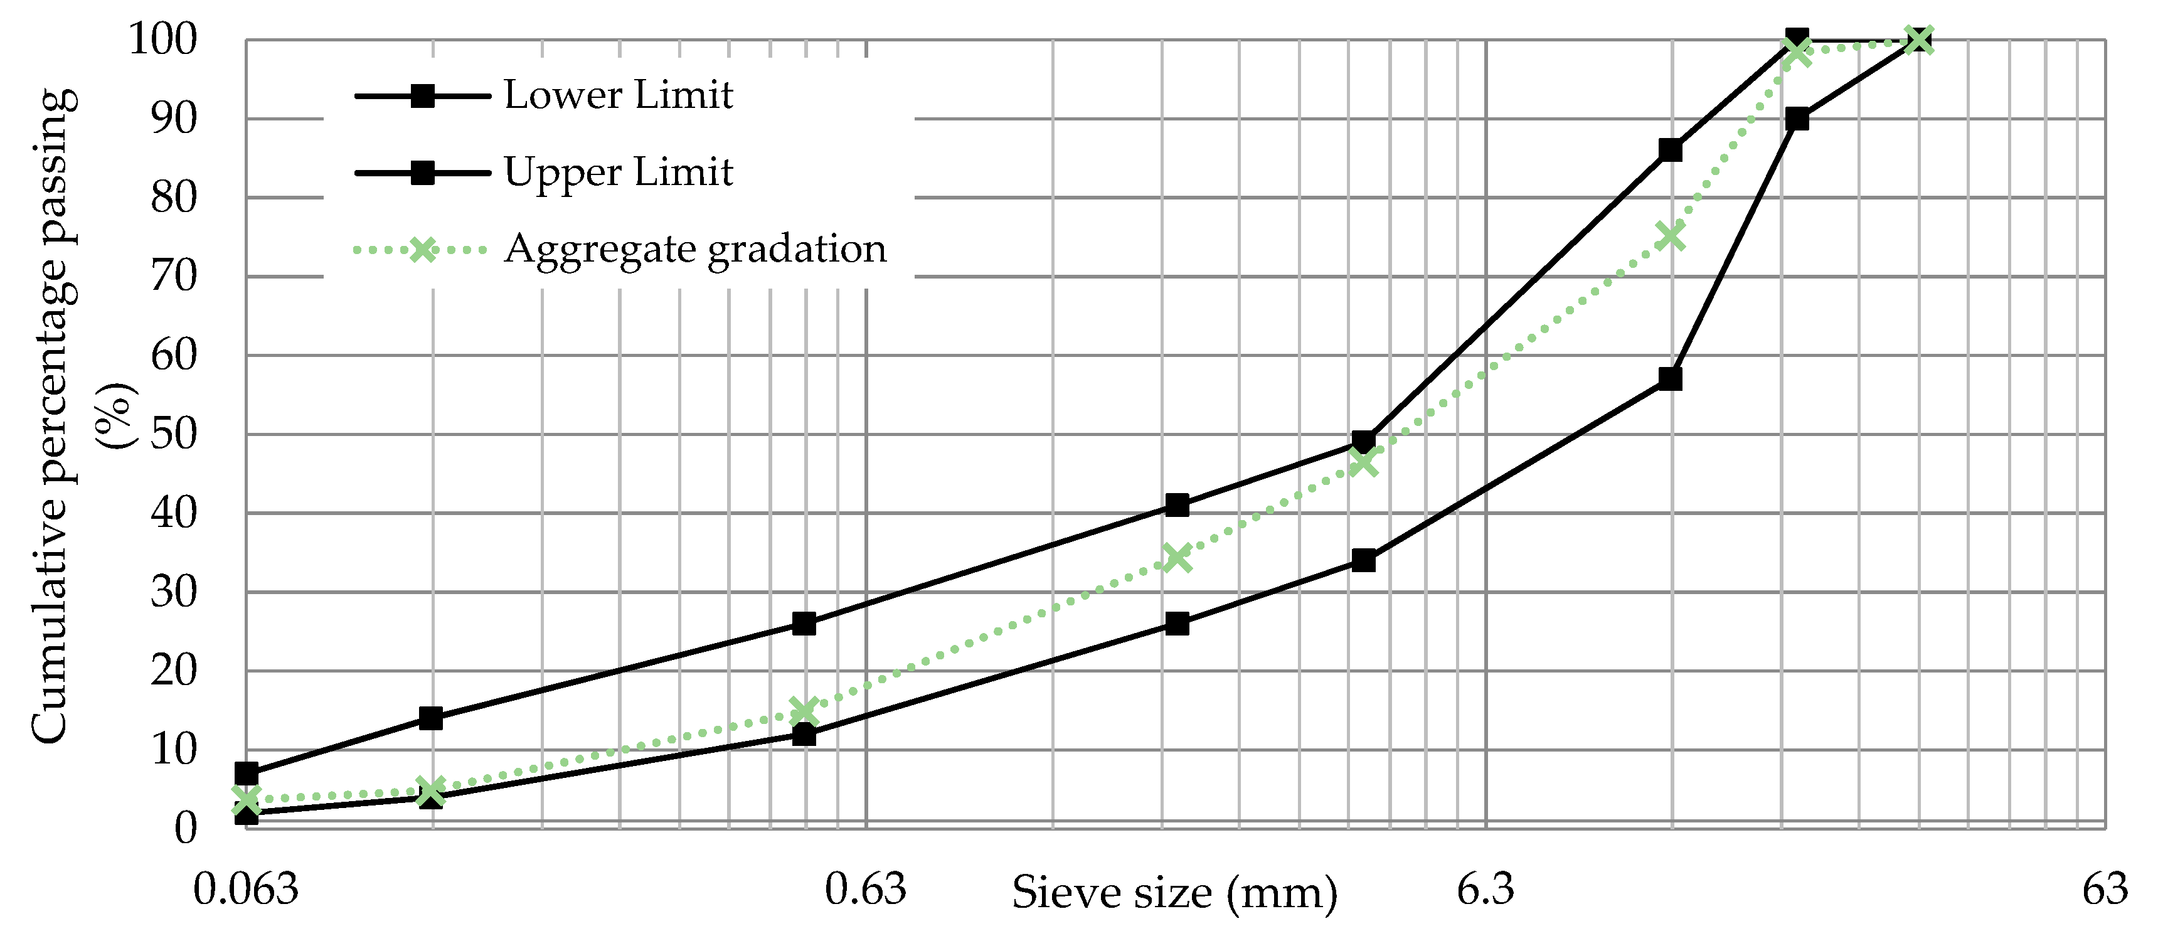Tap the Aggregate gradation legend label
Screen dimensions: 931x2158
click(x=694, y=249)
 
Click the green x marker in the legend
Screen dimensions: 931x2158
click(x=423, y=250)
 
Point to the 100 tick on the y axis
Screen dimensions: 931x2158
click(x=162, y=40)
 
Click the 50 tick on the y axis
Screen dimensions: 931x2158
click(x=173, y=434)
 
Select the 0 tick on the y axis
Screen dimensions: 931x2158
click(x=185, y=828)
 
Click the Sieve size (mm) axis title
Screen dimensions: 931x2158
click(x=1174, y=893)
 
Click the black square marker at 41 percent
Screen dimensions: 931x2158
click(x=1177, y=504)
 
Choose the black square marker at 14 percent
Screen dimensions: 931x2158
click(x=430, y=718)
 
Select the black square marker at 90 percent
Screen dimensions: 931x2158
click(x=1797, y=119)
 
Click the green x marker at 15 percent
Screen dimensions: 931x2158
click(x=804, y=711)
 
